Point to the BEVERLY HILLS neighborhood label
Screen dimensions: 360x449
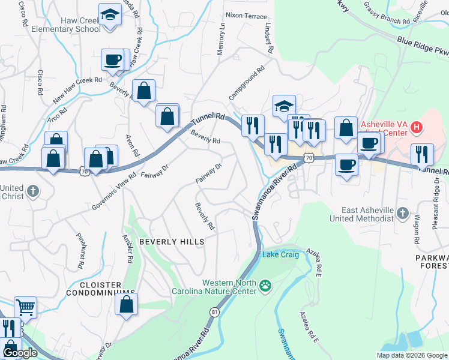(172, 241)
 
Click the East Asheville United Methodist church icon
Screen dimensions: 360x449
(403, 212)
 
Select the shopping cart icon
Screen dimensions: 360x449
(25, 307)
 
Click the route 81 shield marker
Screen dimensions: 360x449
(215, 312)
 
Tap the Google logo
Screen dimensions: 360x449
(20, 353)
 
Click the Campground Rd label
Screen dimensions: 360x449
(246, 83)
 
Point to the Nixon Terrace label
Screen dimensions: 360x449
(246, 15)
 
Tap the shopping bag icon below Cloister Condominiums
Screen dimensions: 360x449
(127, 304)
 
